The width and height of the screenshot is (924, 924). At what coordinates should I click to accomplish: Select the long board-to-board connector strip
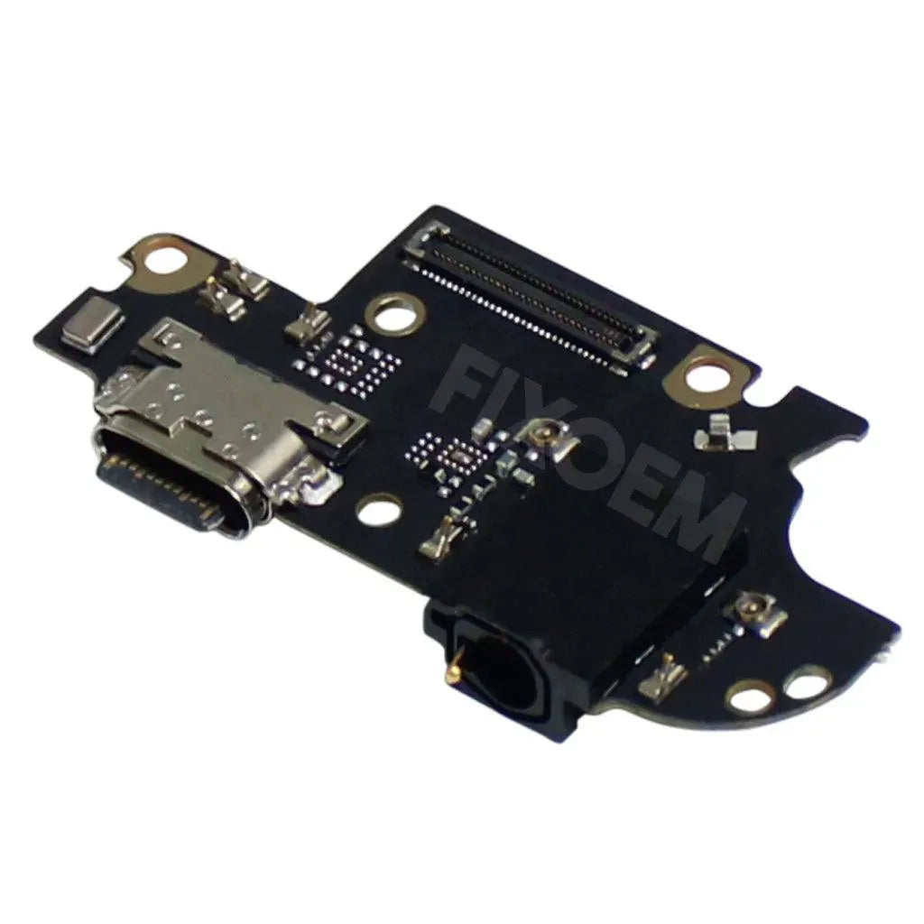[529, 298]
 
